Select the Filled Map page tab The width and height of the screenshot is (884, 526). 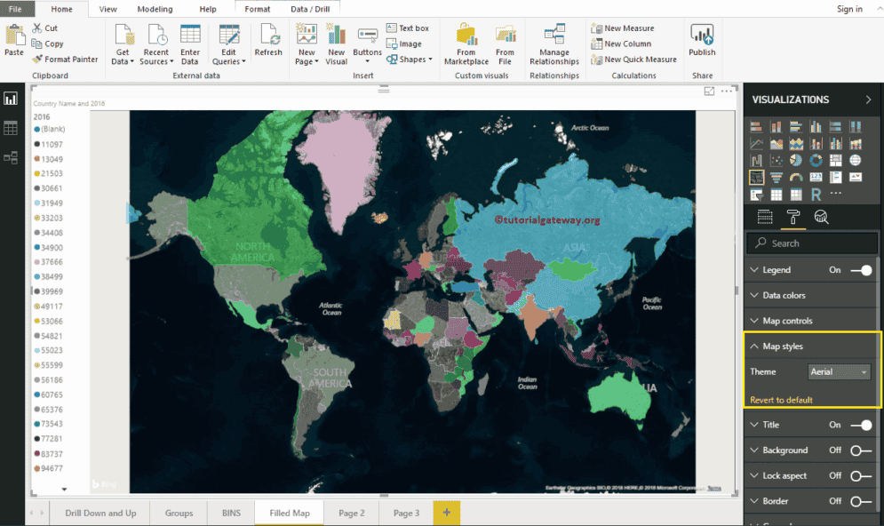[x=290, y=513]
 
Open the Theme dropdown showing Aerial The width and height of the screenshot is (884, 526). [x=839, y=372]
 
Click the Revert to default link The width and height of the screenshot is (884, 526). [x=781, y=400]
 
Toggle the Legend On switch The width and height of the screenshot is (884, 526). [x=860, y=270]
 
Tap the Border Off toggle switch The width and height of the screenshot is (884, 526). [x=860, y=501]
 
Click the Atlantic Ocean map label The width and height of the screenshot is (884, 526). [x=331, y=308]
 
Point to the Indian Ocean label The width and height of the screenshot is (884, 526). [x=527, y=383]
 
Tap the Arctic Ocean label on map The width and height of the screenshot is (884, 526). [x=589, y=128]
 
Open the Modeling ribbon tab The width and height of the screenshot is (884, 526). [x=155, y=9]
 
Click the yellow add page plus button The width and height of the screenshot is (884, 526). [x=446, y=513]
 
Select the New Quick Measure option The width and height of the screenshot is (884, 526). [x=634, y=60]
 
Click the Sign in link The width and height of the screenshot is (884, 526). [x=849, y=9]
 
